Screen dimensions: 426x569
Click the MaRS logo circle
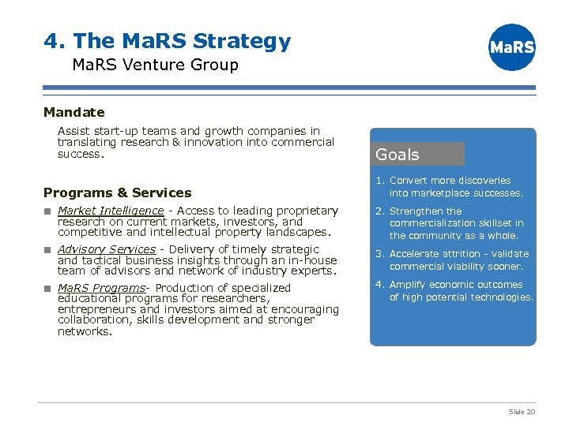coord(512,47)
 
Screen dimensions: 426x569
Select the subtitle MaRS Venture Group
coord(155,65)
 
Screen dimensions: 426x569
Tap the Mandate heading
coord(74,113)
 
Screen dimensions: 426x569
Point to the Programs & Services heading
coord(118,192)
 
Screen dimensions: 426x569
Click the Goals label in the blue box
coord(398,155)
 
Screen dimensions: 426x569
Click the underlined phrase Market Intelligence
coord(111,211)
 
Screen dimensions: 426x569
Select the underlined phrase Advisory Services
coord(107,249)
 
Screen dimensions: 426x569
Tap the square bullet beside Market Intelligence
coord(47,211)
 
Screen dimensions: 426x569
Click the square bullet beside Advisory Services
coord(47,249)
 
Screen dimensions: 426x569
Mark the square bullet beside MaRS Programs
coord(47,288)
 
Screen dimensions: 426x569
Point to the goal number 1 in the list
coord(379,181)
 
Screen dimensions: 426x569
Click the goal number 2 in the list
coord(379,211)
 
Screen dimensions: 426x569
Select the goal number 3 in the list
coord(379,254)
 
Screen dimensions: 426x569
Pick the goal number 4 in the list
coord(379,285)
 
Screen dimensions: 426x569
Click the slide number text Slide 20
coord(522,412)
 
